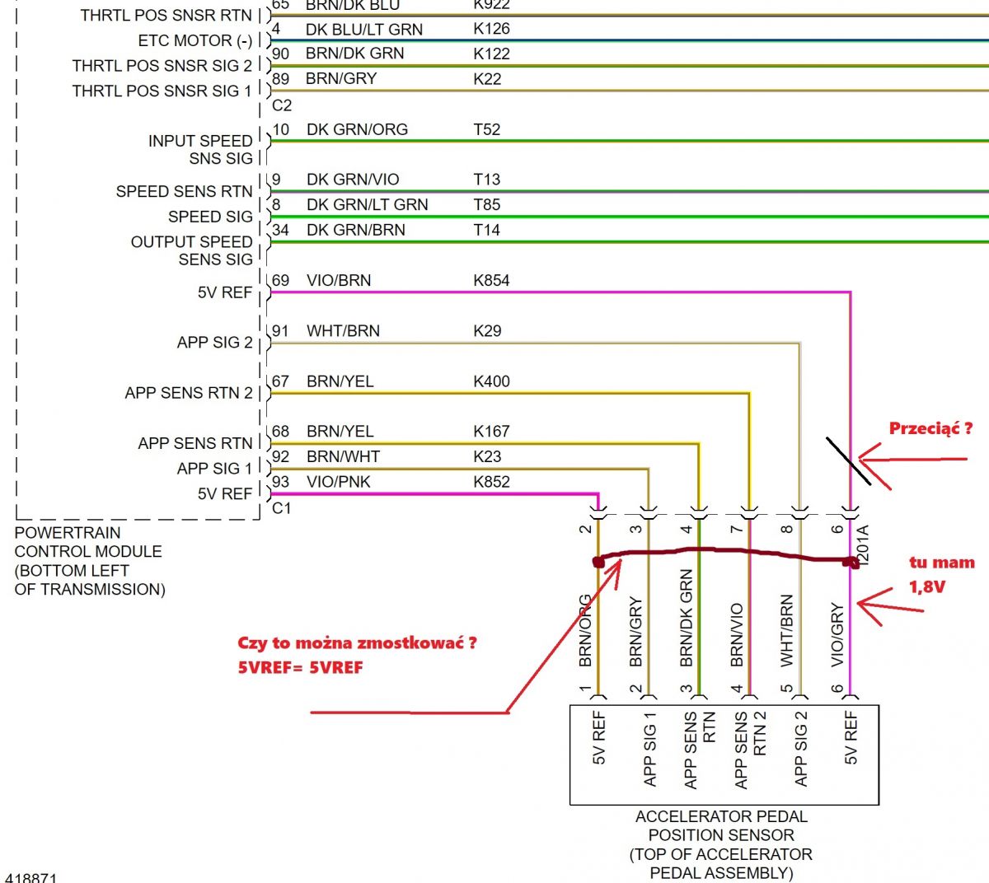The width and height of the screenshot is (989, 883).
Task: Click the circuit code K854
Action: click(491, 280)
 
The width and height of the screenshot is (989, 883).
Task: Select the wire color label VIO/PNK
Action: click(339, 481)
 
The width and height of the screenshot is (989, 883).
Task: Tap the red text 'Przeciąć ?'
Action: click(930, 428)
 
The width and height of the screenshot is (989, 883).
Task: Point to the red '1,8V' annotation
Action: click(927, 586)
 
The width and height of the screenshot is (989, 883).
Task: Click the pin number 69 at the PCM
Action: click(280, 280)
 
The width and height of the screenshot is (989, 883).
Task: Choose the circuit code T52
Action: click(486, 129)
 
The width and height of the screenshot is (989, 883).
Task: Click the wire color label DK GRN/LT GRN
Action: click(367, 204)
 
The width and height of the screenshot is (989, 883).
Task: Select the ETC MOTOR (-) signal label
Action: click(195, 40)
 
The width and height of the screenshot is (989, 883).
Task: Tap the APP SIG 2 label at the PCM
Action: click(214, 342)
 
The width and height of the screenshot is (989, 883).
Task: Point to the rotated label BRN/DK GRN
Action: click(687, 618)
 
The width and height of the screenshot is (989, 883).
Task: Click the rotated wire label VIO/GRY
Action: click(837, 634)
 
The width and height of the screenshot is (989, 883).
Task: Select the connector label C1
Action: click(282, 508)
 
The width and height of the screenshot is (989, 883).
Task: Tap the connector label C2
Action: click(282, 105)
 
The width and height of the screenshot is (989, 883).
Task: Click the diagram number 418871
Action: click(30, 878)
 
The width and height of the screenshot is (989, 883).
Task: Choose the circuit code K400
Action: click(491, 381)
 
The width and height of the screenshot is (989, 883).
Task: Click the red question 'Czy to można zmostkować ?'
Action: click(357, 642)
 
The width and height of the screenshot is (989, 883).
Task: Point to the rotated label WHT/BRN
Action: click(787, 630)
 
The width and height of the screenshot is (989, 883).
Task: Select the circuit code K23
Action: click(487, 456)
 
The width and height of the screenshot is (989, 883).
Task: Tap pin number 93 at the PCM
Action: click(280, 481)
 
